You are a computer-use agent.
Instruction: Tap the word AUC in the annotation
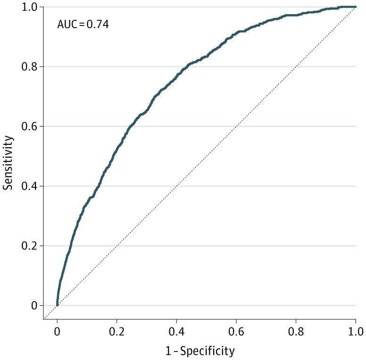[x=67, y=25]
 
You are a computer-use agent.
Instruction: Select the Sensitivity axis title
[x=8, y=162]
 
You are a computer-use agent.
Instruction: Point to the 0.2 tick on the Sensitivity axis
[x=30, y=246]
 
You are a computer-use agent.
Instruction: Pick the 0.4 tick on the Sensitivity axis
[x=30, y=186]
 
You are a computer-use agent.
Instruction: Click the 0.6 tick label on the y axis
[x=30, y=126]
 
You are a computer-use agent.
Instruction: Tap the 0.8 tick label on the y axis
[x=30, y=67]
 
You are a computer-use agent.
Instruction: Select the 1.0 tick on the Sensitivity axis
[x=30, y=8]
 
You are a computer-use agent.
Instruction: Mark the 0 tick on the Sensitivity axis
[x=34, y=305]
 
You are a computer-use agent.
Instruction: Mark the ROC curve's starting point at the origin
[x=57, y=305]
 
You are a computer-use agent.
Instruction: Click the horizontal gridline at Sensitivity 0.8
[x=283, y=67]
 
